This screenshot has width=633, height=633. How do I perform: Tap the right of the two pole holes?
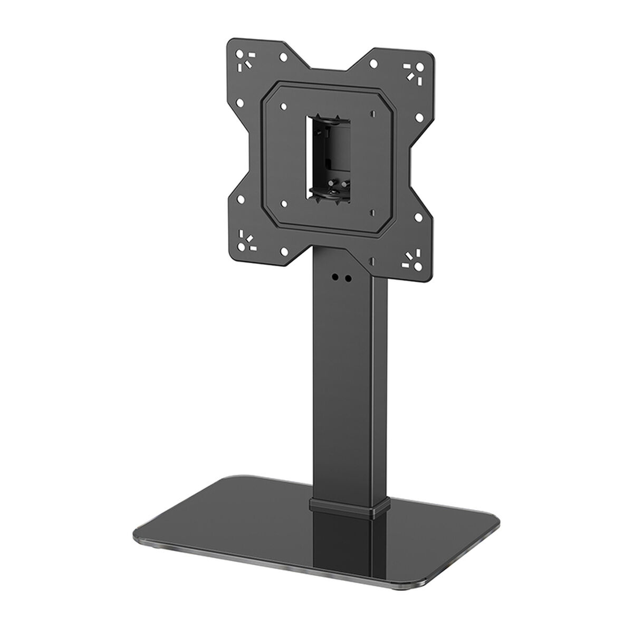coord(348,278)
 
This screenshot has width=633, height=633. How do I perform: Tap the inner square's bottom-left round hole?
coord(284,202)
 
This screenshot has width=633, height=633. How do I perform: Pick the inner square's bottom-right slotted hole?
coord(372,212)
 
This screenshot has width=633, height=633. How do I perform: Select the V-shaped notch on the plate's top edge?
coord(328,68)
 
